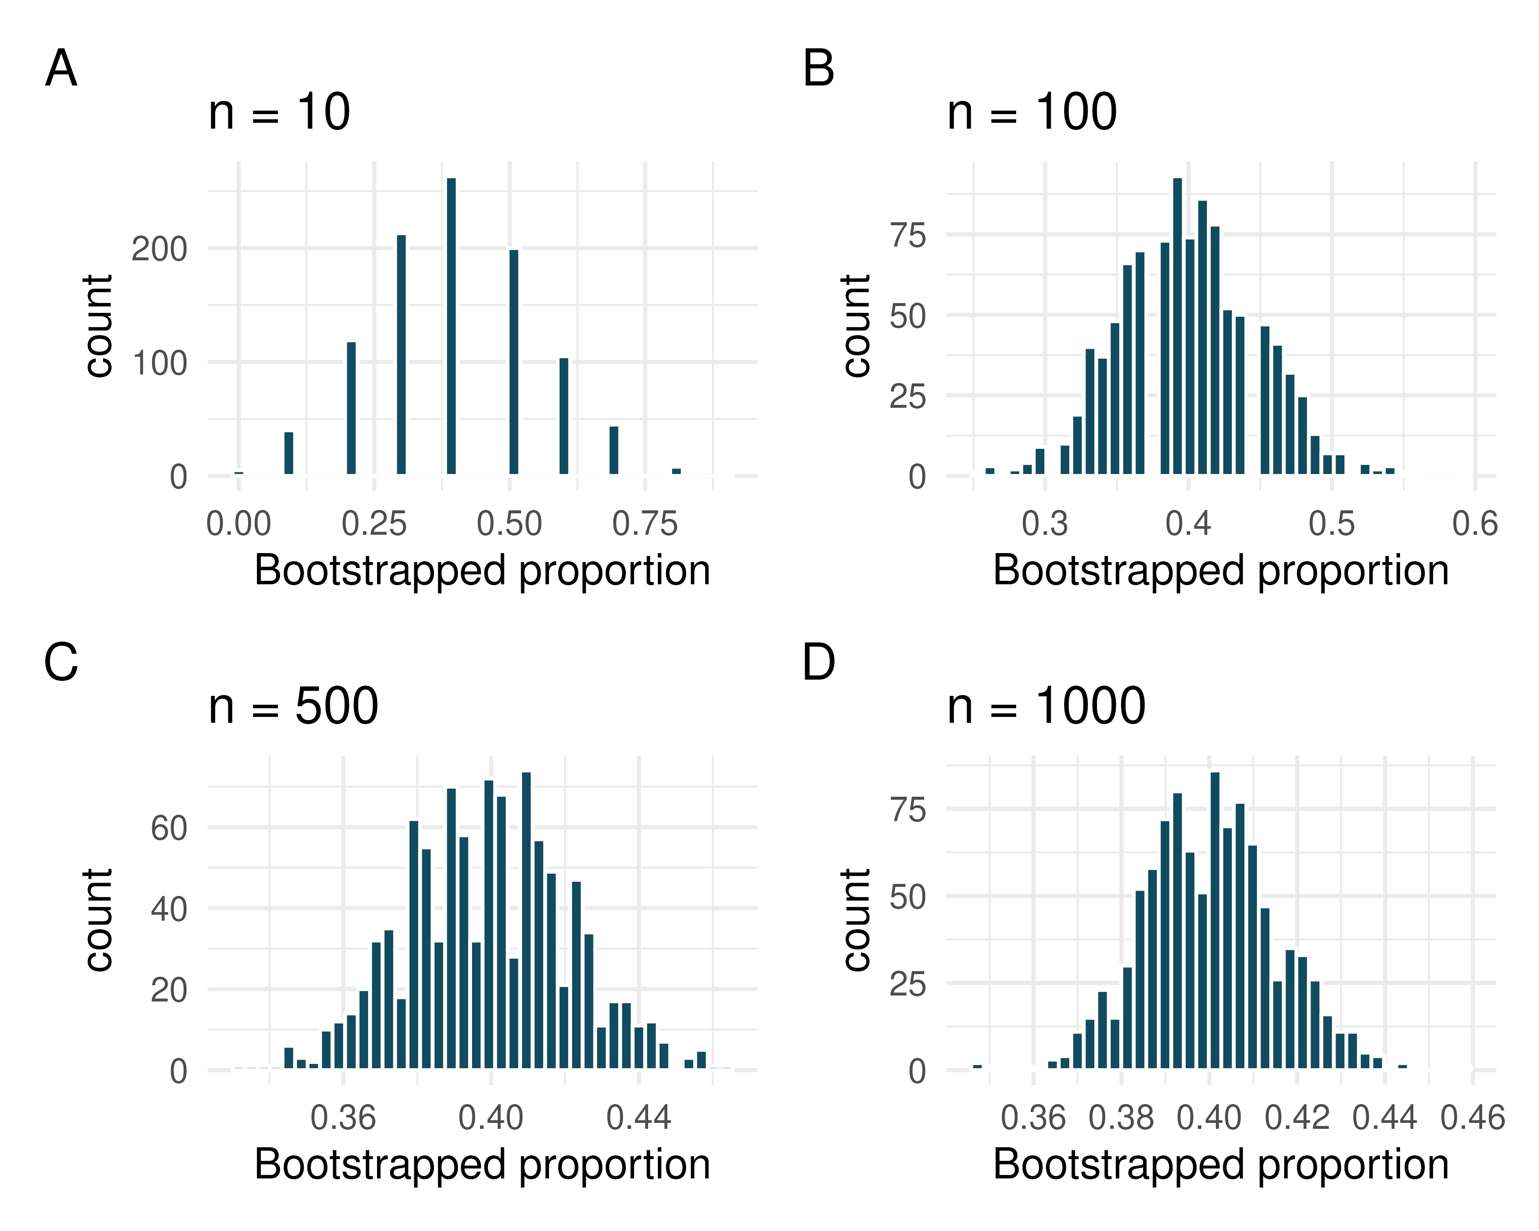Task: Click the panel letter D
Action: click(818, 663)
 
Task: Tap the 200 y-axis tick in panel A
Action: click(159, 250)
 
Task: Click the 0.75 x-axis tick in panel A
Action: click(645, 524)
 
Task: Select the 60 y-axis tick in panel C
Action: click(168, 828)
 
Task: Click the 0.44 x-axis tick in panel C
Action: click(638, 1118)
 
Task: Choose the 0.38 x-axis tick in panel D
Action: click(1121, 1118)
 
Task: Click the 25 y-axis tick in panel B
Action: click(907, 397)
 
